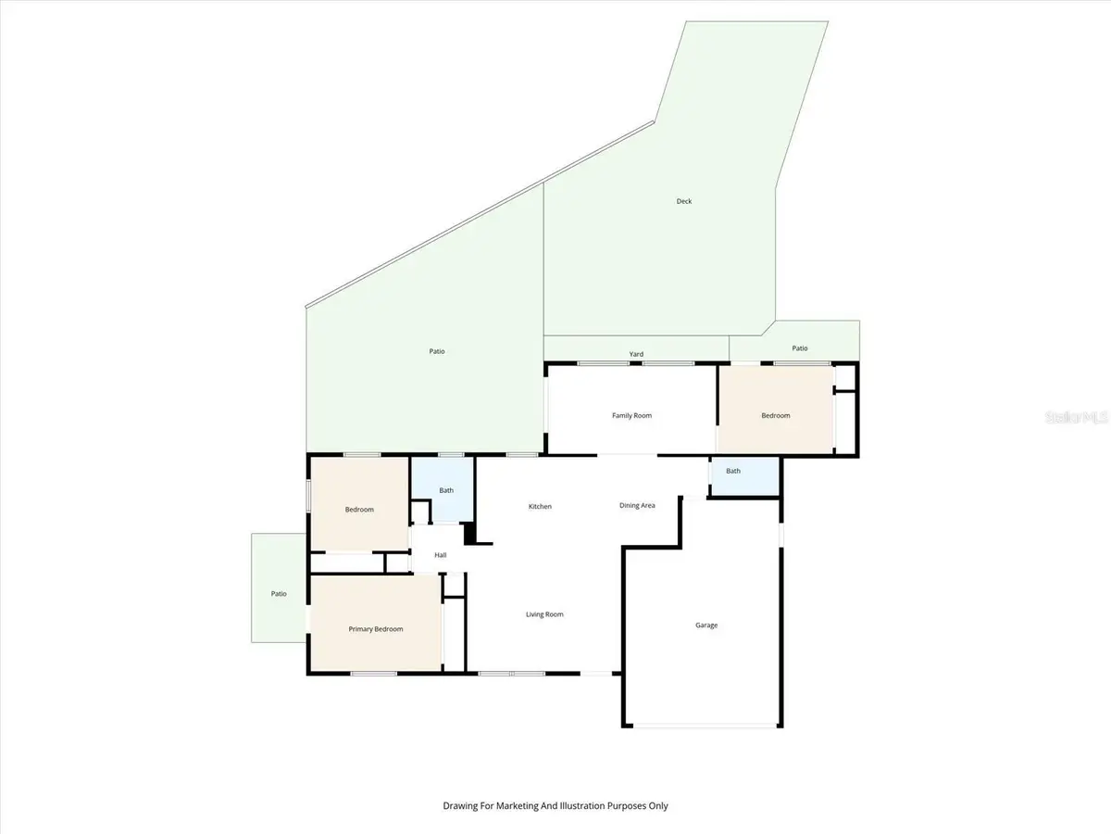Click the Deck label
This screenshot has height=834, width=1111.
(x=684, y=201)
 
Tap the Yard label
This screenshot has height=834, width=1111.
(x=636, y=354)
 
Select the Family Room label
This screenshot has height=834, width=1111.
(x=631, y=415)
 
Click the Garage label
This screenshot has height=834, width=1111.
(x=706, y=625)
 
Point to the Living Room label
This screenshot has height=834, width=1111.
(x=544, y=614)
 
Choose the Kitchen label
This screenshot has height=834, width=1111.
(x=540, y=506)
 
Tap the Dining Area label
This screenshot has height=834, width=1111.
(x=637, y=505)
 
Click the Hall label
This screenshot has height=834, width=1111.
(x=441, y=555)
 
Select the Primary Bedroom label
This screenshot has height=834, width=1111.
(x=376, y=629)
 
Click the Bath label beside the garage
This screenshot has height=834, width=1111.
(x=733, y=471)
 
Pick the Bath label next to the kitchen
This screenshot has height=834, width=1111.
(x=446, y=490)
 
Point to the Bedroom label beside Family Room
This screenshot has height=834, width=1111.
(x=776, y=415)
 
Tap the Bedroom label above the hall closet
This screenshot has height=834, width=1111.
(x=359, y=510)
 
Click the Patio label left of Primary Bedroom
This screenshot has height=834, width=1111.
(x=279, y=593)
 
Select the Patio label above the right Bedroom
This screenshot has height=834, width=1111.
(x=800, y=347)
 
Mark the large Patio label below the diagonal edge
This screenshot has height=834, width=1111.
(x=437, y=351)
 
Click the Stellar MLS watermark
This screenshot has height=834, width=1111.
(x=1076, y=417)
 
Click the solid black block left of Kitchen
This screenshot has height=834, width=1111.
(x=469, y=533)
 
